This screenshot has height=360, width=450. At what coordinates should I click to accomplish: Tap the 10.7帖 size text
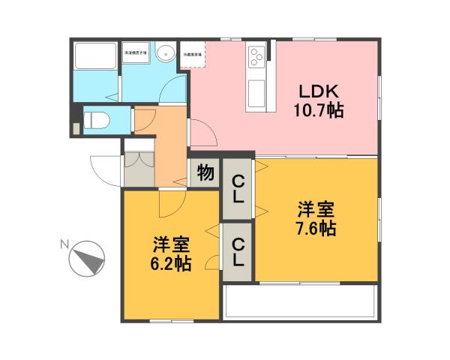coord(319,111)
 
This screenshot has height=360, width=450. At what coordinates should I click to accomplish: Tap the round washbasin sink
coord(166,53)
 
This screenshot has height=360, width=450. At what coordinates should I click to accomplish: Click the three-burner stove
coord(256,55)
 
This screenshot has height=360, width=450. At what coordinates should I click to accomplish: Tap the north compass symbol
coord(87,259)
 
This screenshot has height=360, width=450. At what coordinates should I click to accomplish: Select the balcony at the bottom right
coord(300,302)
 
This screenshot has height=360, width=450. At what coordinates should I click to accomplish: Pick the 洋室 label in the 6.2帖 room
coord(172,244)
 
